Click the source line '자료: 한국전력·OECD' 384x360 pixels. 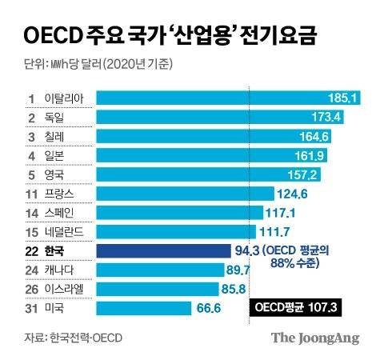click(x=72, y=336)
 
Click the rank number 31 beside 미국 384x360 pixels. click(x=33, y=308)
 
